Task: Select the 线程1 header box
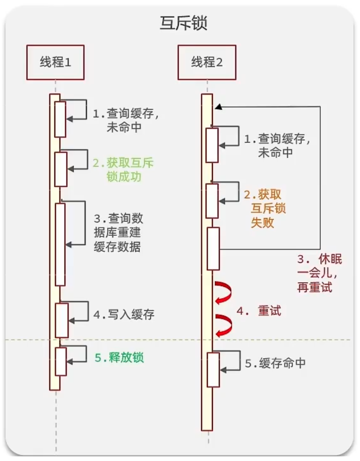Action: [x=55, y=62]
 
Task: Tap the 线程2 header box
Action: [x=207, y=62]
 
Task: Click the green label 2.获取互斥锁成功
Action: [x=123, y=170]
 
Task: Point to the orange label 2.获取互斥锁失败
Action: [x=263, y=208]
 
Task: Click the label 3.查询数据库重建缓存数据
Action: [x=118, y=233]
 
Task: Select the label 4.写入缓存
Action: [x=124, y=315]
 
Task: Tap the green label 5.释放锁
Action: [x=119, y=358]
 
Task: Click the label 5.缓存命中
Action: [x=275, y=364]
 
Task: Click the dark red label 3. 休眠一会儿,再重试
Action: [x=320, y=274]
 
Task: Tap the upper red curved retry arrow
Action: [x=224, y=292]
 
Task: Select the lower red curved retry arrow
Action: [x=224, y=325]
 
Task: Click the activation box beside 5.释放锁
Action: [x=61, y=361]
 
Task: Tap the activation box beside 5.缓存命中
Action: [x=213, y=370]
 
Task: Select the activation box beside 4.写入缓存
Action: [x=62, y=320]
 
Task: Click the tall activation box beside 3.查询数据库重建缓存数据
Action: [x=60, y=245]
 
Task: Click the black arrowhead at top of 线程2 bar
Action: [x=217, y=107]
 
